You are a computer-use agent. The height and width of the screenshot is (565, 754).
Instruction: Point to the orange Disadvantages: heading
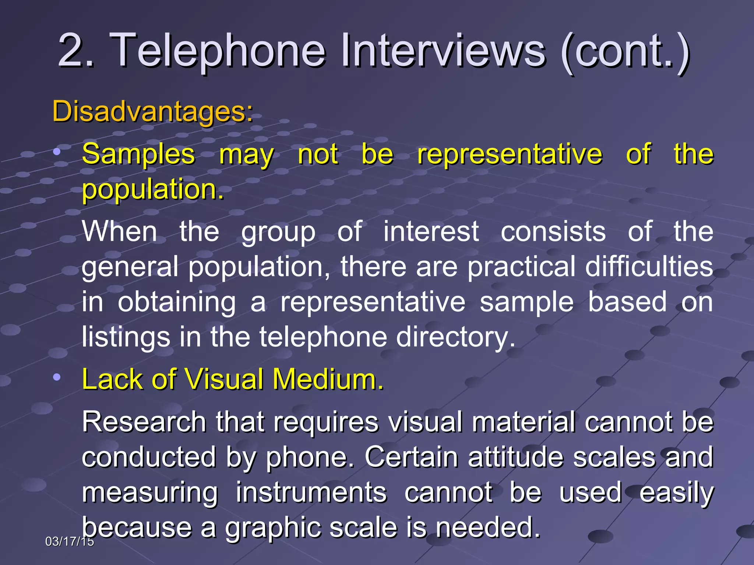pyautogui.click(x=153, y=111)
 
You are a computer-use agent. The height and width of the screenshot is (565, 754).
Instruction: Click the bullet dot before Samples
pyautogui.click(x=56, y=152)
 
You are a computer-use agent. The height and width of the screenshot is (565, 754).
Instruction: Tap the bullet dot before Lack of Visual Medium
pyautogui.click(x=56, y=377)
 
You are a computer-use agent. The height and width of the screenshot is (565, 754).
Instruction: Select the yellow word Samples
pyautogui.click(x=138, y=154)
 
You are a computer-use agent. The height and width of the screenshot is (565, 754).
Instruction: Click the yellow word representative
pyautogui.click(x=510, y=154)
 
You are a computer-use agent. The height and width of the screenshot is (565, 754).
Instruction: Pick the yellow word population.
pyautogui.click(x=153, y=189)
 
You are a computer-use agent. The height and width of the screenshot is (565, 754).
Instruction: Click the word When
pyautogui.click(x=120, y=231)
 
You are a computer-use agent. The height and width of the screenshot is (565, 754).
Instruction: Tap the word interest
pyautogui.click(x=431, y=231)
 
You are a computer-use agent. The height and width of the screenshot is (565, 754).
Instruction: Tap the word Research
pyautogui.click(x=144, y=422)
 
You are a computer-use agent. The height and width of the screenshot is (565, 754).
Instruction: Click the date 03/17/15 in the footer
pyautogui.click(x=70, y=541)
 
